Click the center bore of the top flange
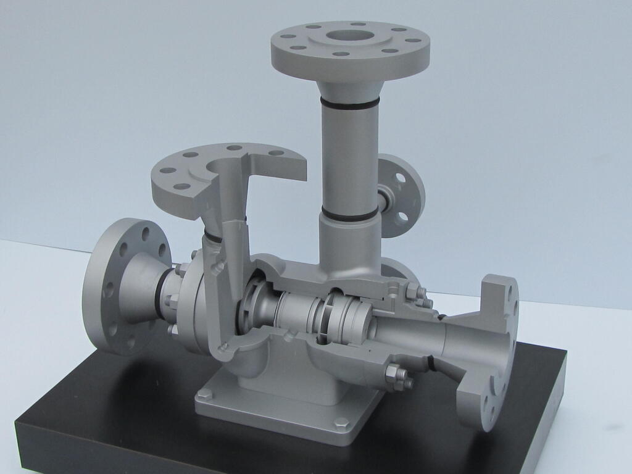(x=350, y=35)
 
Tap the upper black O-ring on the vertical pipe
(x=350, y=104)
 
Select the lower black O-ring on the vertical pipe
(x=349, y=214)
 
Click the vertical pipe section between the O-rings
(x=350, y=157)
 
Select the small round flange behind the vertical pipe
(x=402, y=195)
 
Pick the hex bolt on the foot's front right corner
(x=341, y=423)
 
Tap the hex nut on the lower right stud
(x=395, y=375)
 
